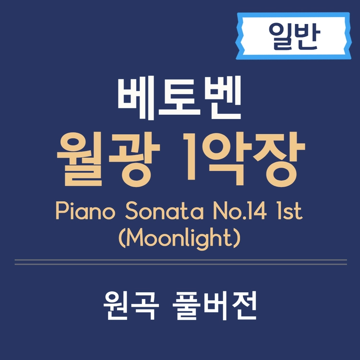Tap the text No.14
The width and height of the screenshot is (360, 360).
point(236,212)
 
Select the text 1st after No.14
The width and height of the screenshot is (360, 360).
point(288,212)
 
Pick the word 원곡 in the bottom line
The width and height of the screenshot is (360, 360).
point(130,307)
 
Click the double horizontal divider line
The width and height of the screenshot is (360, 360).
point(180,262)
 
